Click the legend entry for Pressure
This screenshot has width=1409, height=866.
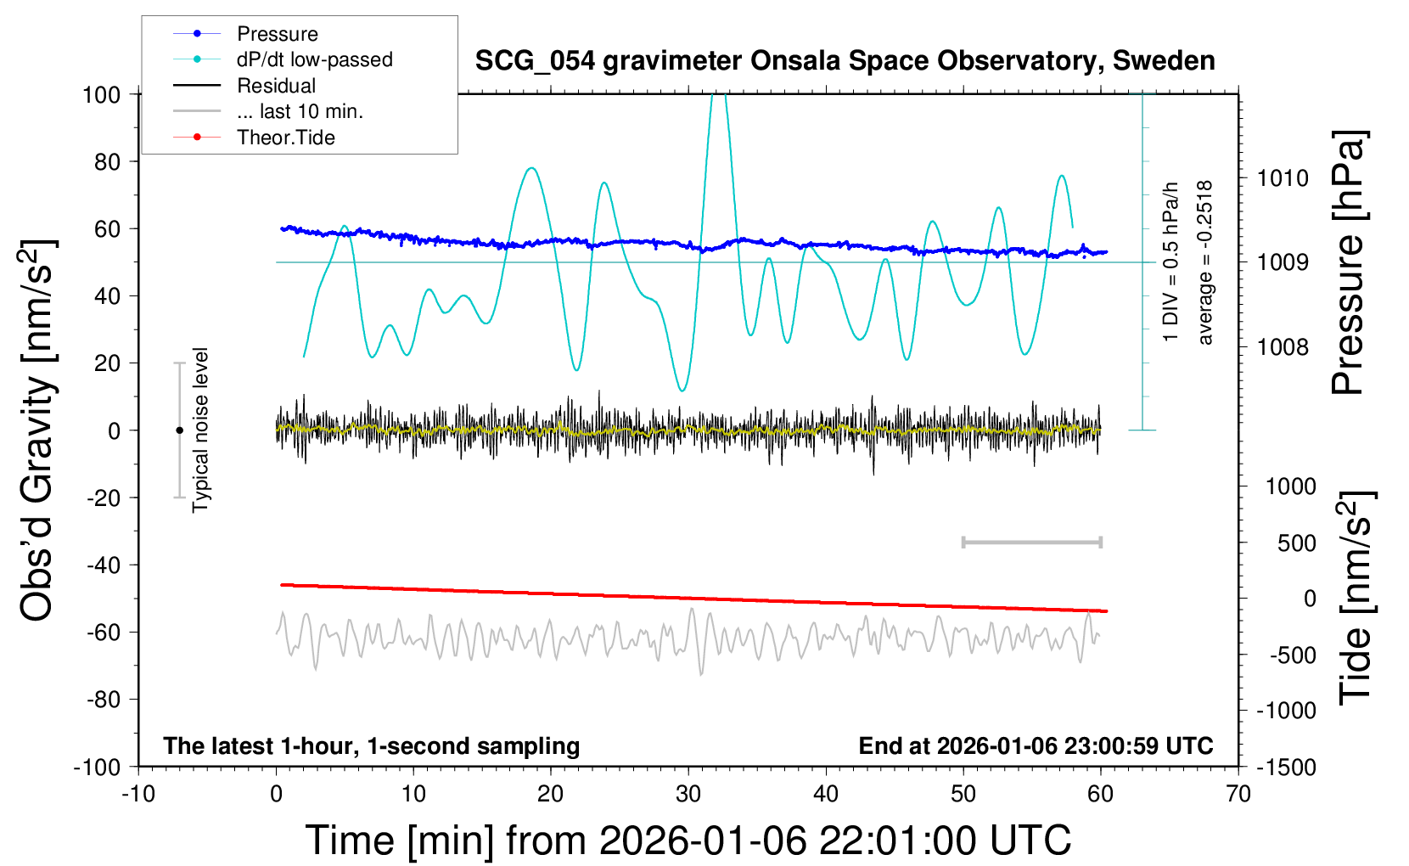pyautogui.click(x=277, y=34)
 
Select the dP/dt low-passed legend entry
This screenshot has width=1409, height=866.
pyautogui.click(x=314, y=59)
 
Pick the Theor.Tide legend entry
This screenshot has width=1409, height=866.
pyautogui.click(x=285, y=138)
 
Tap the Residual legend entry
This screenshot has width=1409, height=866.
pyautogui.click(x=276, y=86)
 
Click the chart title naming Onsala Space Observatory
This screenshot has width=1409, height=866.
pyautogui.click(x=845, y=61)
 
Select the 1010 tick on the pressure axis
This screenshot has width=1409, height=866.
pyautogui.click(x=1283, y=178)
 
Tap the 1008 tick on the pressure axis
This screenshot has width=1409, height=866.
pyautogui.click(x=1283, y=346)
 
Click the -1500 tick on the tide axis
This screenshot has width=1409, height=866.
pyautogui.click(x=1287, y=767)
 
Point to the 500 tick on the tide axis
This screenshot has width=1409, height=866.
pyautogui.click(x=1296, y=543)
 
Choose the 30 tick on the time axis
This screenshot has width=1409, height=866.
pyautogui.click(x=688, y=794)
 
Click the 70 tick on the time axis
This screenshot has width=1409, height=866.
pyautogui.click(x=1238, y=794)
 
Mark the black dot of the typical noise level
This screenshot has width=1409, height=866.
pyautogui.click(x=179, y=430)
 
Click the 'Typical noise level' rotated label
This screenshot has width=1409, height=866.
pyautogui.click(x=200, y=430)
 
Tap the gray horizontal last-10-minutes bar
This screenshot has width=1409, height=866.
pyautogui.click(x=1031, y=542)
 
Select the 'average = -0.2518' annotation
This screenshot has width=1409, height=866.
pyautogui.click(x=1205, y=263)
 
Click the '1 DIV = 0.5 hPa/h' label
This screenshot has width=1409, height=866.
pyautogui.click(x=1171, y=261)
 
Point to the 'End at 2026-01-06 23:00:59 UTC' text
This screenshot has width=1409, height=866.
pyautogui.click(x=1036, y=746)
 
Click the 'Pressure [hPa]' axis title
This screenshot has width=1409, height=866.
pyautogui.click(x=1348, y=263)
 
